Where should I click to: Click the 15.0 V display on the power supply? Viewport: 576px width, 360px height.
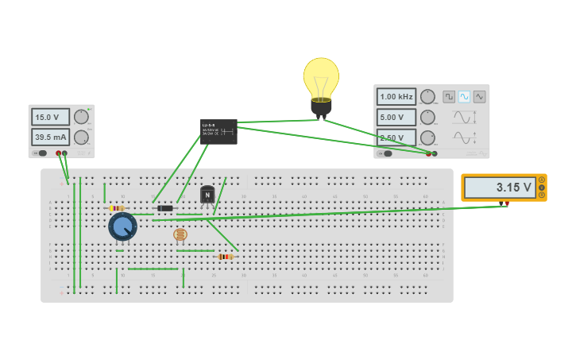pos(50,117)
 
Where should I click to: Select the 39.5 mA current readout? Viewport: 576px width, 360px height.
pos(50,137)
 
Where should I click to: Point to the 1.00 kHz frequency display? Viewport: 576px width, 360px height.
pos(396,97)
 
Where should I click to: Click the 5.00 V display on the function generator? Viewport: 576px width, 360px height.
pos(396,117)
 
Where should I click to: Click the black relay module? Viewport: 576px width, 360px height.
pos(218,131)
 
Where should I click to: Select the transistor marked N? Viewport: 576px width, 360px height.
pos(207,195)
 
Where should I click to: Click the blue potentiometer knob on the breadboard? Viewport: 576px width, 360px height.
pos(122,226)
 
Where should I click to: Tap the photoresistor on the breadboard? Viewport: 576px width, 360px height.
pos(180,234)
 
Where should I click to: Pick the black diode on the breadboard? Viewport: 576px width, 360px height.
pos(165,208)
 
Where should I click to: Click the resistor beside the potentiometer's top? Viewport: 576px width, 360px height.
pos(117,208)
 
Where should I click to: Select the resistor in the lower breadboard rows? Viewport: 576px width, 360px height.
pos(226,257)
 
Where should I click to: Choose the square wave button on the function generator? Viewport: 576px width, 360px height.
pos(450,97)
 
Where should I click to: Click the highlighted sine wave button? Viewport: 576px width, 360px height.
pos(464,97)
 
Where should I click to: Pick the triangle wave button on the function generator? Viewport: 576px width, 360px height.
pos(479,97)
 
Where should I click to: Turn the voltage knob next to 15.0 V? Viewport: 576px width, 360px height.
pos(81,117)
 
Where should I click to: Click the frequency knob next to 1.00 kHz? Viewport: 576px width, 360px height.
pos(427,97)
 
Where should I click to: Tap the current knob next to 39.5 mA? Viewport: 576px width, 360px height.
pos(81,137)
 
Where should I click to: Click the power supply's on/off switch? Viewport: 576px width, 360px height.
pos(41,153)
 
